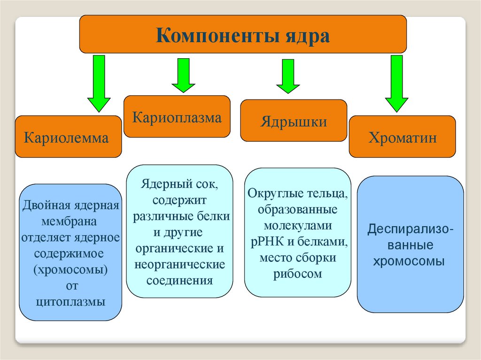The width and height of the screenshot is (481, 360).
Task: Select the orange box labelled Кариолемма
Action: tap(68, 137)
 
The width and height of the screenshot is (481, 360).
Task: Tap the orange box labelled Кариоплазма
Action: tap(177, 117)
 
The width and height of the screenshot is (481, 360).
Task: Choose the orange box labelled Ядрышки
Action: tap(294, 121)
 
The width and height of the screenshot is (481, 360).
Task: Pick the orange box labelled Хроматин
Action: tap(402, 137)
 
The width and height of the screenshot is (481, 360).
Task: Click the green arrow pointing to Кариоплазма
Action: tap(183, 75)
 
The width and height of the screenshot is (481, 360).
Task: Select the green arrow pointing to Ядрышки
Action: tap(287, 76)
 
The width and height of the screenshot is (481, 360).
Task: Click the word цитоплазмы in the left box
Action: tap(70, 301)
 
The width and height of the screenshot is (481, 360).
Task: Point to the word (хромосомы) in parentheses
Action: tap(70, 269)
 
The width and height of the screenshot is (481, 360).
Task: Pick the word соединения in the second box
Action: tap(180, 280)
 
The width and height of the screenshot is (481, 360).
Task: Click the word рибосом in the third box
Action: tap(298, 274)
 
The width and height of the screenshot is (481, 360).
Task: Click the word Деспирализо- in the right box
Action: tap(410, 230)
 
